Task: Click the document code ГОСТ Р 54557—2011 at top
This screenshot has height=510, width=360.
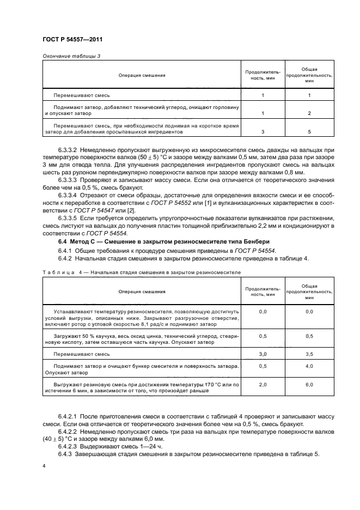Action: [72, 40]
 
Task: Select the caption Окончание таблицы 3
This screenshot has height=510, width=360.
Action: [71, 57]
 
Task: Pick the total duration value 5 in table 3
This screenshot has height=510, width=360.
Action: [309, 131]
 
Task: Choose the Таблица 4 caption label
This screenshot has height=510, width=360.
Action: [60, 270]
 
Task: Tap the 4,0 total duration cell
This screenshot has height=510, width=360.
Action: [309, 366]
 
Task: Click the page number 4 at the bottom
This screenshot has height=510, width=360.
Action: [43, 467]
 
